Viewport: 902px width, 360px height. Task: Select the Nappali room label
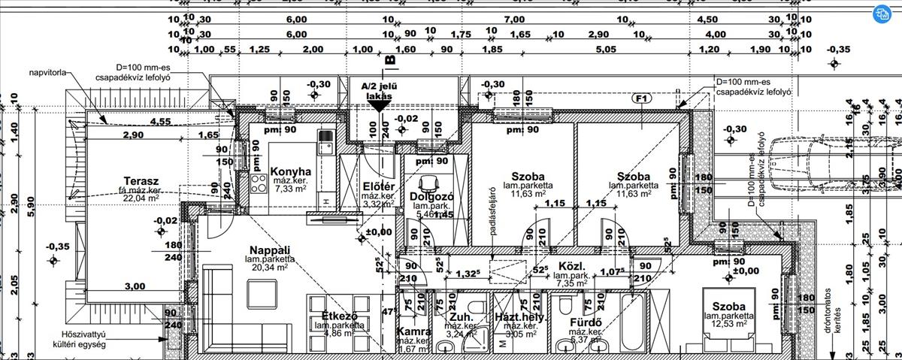[x=270, y=250]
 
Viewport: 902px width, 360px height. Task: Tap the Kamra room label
[x=413, y=331]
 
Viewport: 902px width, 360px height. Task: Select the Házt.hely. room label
[x=519, y=318]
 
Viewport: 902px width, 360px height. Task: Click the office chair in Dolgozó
[x=429, y=183]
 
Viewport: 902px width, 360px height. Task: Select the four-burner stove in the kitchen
[x=259, y=183]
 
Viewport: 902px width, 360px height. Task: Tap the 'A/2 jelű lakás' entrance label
[x=379, y=92]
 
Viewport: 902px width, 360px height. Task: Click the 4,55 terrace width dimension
[x=159, y=122]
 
